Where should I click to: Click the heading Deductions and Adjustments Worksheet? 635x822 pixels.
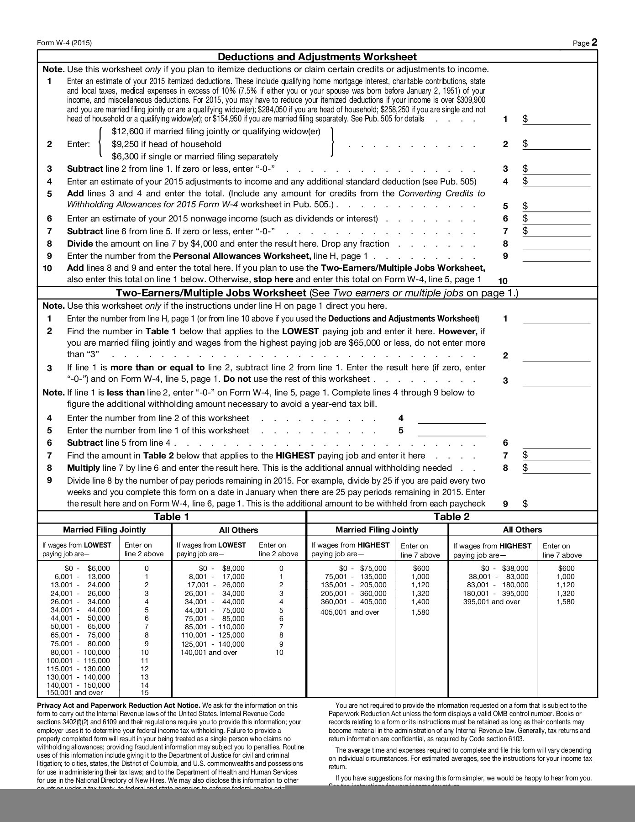[x=317, y=57]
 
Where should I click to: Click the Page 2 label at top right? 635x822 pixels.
[x=585, y=43]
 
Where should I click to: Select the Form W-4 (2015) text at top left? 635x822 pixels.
[x=64, y=43]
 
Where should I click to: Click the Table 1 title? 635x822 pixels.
[x=171, y=516]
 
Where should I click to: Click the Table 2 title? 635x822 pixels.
[x=451, y=516]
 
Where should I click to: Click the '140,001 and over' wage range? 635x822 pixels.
[x=209, y=652]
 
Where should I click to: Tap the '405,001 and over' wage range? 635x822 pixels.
[x=350, y=612]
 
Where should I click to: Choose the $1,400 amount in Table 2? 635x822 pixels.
[x=420, y=601]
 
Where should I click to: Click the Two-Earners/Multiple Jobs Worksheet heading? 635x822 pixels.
[x=211, y=293]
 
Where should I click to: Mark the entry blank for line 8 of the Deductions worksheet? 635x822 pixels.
[x=556, y=244]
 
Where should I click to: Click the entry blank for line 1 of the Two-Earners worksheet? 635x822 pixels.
[x=556, y=319]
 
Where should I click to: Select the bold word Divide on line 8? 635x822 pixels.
[x=80, y=244]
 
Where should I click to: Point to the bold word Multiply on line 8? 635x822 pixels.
[x=83, y=468]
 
